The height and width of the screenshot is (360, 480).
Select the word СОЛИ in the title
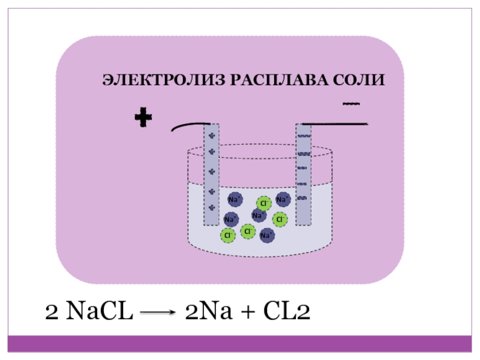click(x=358, y=80)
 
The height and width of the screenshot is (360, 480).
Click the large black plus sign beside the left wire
click(x=143, y=119)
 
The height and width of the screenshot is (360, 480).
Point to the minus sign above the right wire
click(x=350, y=104)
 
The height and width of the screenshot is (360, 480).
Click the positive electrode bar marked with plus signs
click(x=211, y=174)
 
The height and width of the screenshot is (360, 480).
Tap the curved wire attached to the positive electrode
click(x=187, y=126)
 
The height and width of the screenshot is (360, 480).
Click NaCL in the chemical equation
click(x=98, y=311)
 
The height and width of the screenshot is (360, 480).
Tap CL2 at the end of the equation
click(x=285, y=311)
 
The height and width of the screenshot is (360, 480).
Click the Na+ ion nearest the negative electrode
click(x=283, y=199)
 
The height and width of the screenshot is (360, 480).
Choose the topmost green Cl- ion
click(x=263, y=204)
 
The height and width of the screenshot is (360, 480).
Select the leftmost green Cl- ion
click(x=228, y=235)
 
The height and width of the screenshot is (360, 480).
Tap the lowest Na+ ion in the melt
click(x=267, y=235)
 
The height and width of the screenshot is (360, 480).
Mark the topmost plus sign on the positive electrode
click(x=211, y=136)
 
